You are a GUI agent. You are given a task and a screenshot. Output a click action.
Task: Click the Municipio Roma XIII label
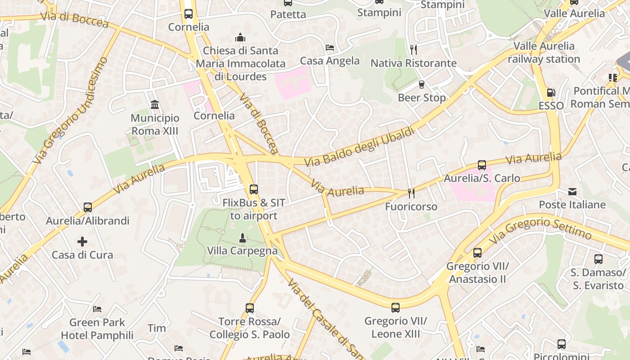(155, 125)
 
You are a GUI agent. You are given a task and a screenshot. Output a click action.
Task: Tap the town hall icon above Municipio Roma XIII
(155, 105)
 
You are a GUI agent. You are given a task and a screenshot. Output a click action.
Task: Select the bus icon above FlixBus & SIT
(254, 189)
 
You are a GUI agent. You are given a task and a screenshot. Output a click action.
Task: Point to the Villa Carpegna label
(242, 251)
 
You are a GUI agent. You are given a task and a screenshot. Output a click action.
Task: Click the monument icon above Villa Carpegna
(243, 238)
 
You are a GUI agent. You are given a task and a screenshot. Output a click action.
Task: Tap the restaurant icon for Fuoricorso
(411, 193)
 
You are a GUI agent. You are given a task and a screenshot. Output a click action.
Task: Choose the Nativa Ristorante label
(413, 63)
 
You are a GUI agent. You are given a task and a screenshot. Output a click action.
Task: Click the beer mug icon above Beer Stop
(422, 84)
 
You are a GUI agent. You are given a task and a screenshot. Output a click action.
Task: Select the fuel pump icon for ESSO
(551, 93)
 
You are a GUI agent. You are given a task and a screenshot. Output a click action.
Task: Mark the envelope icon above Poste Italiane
(572, 192)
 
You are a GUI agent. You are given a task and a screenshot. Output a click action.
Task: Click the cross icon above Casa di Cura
(82, 242)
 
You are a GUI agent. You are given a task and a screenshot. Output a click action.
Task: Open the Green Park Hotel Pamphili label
(97, 329)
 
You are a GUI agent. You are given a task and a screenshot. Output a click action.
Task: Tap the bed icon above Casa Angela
(330, 48)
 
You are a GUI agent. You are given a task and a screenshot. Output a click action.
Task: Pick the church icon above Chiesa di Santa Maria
(240, 37)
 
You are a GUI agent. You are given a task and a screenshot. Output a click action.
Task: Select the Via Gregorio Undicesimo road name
(71, 110)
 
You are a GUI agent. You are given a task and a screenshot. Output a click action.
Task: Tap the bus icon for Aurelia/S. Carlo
(482, 165)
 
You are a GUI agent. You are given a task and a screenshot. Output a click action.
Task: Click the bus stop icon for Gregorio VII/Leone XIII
(395, 308)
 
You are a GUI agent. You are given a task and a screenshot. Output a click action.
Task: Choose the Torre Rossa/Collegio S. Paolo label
(249, 328)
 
